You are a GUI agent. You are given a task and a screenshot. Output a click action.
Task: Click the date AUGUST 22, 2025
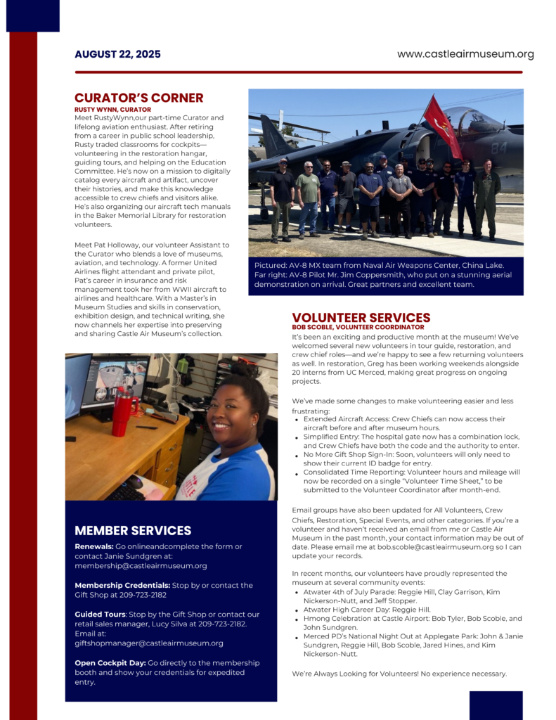coord(117,54)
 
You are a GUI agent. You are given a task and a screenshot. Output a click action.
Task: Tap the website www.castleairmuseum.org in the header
coord(465,54)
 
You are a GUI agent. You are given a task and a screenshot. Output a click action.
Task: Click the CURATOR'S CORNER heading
coord(138,98)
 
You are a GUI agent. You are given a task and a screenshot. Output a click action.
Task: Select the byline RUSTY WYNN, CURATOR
coord(112,110)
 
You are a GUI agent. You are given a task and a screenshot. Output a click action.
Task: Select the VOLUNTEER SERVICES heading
coord(361,318)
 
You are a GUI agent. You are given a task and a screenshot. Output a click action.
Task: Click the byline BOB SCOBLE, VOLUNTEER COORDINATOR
coord(358,328)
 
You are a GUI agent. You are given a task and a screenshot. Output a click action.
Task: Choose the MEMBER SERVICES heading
coord(133,530)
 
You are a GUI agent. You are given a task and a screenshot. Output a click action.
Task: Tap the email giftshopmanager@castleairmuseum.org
coord(149,643)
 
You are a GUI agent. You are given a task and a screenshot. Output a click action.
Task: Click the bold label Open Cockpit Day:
coord(109,662)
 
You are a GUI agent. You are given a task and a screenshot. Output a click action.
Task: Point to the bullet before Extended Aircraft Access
coord(297,420)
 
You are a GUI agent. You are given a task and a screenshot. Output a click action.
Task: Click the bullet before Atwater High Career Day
coord(297,610)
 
